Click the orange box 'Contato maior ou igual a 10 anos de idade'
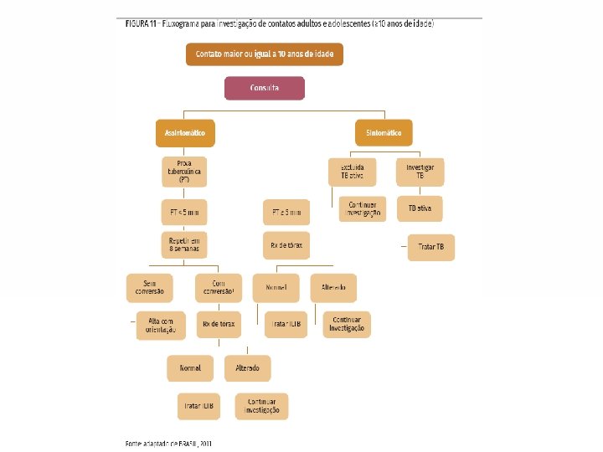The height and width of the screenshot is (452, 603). coord(264,54)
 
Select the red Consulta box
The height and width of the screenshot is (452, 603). coord(264,88)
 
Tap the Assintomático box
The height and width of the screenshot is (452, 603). coord(185,132)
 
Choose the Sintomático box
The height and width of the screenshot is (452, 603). coord(383,132)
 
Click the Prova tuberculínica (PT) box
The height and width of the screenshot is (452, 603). coord(184,171)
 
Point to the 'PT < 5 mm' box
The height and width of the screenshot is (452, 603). coord(184,212)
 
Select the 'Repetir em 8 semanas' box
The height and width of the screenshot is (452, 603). coord(184,244)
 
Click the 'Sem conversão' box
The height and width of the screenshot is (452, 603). coord(149,286)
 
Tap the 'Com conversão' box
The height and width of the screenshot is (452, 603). coord(218,286)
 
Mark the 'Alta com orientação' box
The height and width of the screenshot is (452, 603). coord(160,325)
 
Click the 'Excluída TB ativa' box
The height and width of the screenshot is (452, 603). coord(352,171)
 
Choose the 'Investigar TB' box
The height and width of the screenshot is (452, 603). coord(425,171)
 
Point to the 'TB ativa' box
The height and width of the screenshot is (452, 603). coord(425,208)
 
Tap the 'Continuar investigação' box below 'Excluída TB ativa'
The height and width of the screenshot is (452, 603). coord(359,208)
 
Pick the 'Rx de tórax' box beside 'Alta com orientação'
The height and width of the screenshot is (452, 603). coord(218,323)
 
